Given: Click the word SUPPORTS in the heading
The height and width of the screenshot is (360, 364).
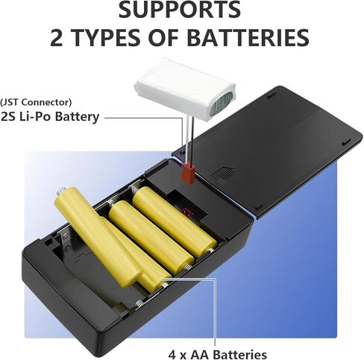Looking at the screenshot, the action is [180, 9].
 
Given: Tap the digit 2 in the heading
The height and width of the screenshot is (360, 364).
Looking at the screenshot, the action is [57, 37].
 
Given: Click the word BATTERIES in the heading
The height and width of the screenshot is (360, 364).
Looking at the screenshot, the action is [248, 37].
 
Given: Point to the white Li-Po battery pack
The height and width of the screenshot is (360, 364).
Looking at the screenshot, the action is [184, 87].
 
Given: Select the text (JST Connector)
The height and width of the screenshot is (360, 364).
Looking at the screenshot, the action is [36, 102].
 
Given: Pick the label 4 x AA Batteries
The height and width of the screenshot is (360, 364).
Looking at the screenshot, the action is [218, 354].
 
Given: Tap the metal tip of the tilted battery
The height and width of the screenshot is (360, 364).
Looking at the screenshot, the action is [60, 191].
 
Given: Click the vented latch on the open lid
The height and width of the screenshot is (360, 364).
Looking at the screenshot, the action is [222, 173].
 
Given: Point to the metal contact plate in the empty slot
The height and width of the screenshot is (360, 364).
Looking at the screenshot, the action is [65, 239].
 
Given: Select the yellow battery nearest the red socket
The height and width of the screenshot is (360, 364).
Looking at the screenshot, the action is [175, 221].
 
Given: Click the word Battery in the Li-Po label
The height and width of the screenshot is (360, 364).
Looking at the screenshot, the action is [77, 117].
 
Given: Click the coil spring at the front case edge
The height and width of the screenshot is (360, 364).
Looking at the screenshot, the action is [139, 304].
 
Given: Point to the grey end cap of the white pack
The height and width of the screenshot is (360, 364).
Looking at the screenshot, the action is [221, 104].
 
